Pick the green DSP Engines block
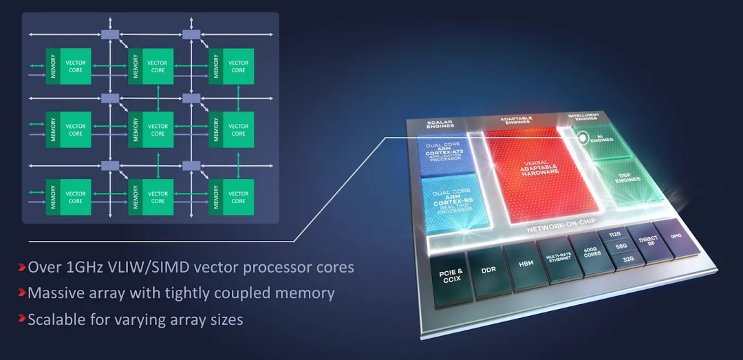627,178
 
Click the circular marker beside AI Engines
583,137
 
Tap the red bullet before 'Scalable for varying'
23,319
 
